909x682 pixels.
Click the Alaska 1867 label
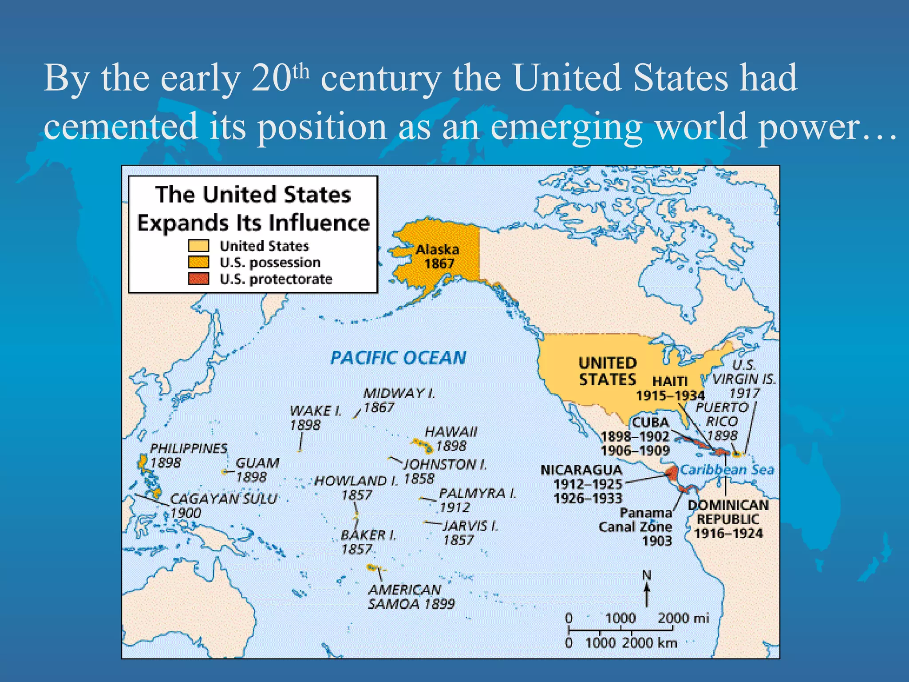(437, 257)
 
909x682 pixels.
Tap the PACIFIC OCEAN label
(398, 357)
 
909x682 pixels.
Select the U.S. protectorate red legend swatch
(198, 279)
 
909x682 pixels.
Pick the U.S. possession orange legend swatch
(198, 262)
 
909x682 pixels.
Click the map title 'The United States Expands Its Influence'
(253, 209)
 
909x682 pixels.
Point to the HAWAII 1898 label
(451, 439)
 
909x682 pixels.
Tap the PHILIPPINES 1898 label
(188, 456)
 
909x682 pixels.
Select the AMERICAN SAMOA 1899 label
(411, 597)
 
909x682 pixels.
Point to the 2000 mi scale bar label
(683, 618)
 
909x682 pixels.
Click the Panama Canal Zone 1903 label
(636, 527)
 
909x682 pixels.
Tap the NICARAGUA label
(582, 470)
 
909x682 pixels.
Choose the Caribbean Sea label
(727, 470)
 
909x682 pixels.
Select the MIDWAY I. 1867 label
(399, 400)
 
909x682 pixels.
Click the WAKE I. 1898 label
(315, 417)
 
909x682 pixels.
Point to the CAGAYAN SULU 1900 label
(223, 505)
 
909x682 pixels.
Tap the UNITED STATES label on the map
(607, 371)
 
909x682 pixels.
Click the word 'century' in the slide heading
(380, 78)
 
